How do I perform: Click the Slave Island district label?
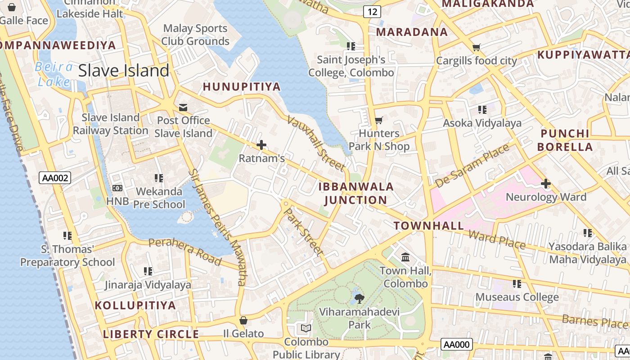point(124,71)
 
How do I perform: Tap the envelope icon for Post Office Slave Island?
point(183,108)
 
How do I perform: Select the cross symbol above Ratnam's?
point(261,145)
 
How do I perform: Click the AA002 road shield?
point(55,178)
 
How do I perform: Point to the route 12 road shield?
point(372,12)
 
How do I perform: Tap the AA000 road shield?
point(456,345)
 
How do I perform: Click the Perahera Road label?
point(185,251)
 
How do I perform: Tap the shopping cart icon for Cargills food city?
point(477,47)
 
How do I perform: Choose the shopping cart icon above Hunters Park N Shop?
point(379,120)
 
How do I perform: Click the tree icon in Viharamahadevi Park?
point(359,298)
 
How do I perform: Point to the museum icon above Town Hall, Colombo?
point(405,257)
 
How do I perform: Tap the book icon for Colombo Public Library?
point(306,328)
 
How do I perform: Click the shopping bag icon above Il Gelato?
point(243,320)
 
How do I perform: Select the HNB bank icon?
point(117,188)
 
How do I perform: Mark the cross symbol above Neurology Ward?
point(546,184)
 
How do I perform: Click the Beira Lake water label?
point(54,74)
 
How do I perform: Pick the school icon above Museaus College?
point(517,284)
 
